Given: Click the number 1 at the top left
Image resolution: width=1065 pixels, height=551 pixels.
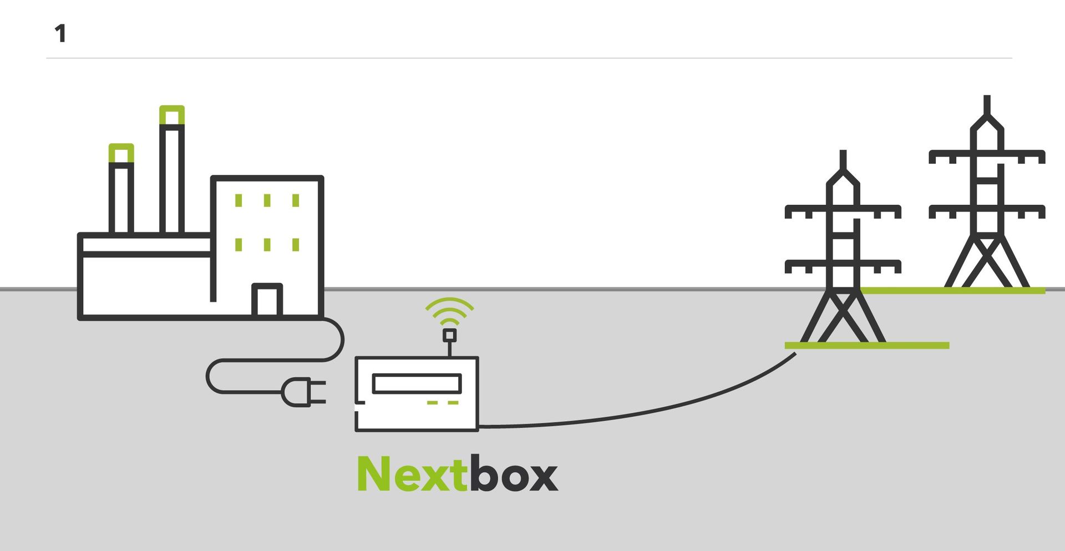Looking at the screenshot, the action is click(x=60, y=33).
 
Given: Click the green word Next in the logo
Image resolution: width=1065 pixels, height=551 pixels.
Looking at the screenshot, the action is click(x=412, y=473).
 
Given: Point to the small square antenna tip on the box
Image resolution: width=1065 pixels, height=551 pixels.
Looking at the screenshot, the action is click(x=450, y=335).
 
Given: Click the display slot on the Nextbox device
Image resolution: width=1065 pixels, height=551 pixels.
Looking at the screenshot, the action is click(x=417, y=383).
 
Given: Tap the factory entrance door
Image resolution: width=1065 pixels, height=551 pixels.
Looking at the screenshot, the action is click(x=267, y=300).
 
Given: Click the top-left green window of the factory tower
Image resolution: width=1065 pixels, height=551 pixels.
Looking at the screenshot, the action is click(x=239, y=200).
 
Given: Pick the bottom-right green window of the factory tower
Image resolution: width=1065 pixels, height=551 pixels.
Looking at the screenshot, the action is click(x=296, y=244).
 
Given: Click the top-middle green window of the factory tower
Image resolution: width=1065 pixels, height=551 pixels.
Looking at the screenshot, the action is click(x=267, y=200).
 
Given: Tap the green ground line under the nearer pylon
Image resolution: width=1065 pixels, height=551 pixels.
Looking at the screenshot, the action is click(x=867, y=346).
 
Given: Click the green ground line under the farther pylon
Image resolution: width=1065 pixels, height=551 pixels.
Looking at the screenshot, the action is click(x=953, y=290).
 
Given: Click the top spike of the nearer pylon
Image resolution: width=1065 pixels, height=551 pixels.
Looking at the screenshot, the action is click(x=843, y=159).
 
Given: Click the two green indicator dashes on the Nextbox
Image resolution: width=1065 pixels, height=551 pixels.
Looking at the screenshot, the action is click(x=443, y=402).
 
